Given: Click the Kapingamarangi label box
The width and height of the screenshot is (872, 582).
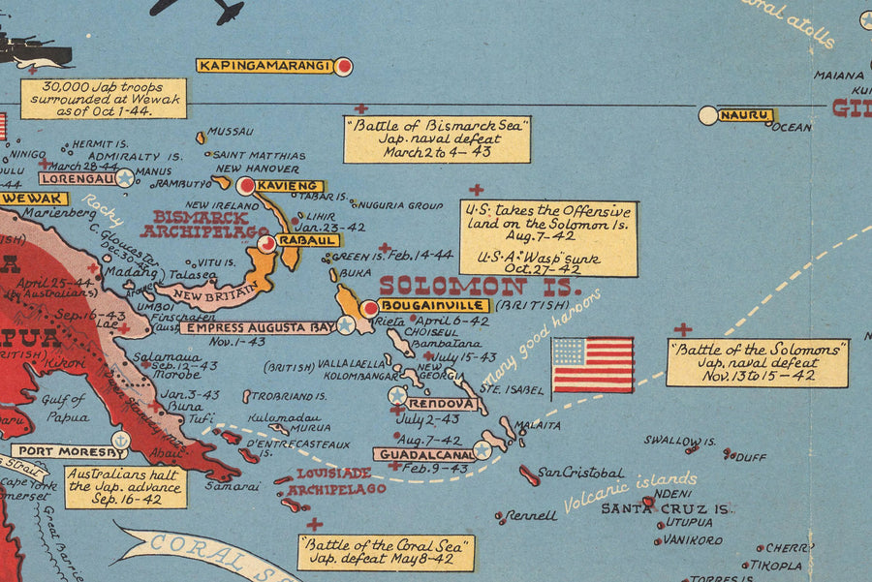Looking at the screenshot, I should [x=265, y=66].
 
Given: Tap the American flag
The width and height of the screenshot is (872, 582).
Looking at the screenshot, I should [x=592, y=364].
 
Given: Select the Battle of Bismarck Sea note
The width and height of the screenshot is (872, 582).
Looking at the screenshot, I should [x=437, y=139].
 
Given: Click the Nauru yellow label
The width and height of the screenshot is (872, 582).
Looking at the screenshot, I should [x=746, y=115].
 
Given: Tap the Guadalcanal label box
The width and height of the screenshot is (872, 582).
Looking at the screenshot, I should [x=421, y=453].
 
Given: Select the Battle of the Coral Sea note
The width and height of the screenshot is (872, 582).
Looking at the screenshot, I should [x=387, y=552].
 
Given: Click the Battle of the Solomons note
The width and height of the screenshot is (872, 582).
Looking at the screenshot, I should [x=757, y=362].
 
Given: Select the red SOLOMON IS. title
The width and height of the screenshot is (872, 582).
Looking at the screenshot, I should [x=480, y=286].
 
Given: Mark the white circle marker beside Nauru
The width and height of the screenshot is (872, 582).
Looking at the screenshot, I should [x=708, y=115].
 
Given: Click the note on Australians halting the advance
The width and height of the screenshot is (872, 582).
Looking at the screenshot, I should [x=125, y=487].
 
